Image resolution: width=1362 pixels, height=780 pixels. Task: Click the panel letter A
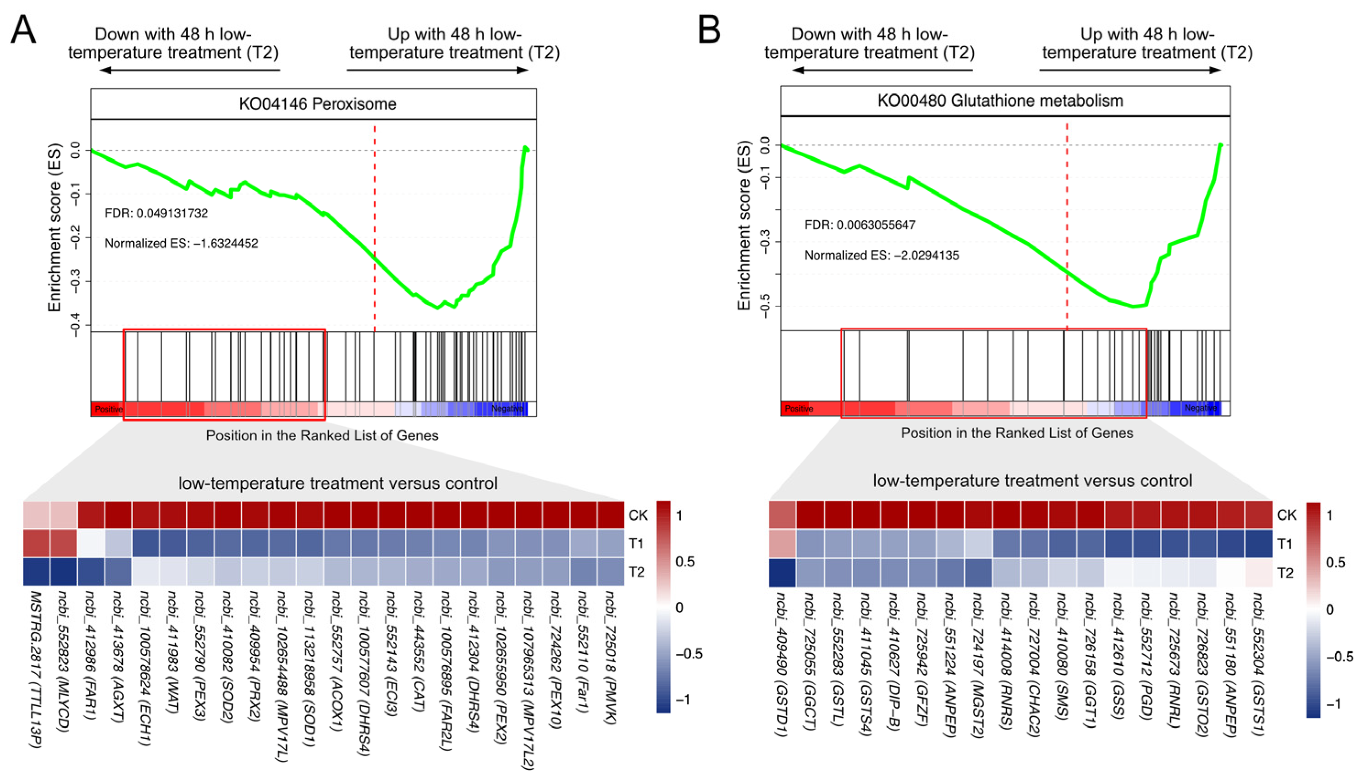click(23, 29)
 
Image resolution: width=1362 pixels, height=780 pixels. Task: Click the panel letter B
click(709, 29)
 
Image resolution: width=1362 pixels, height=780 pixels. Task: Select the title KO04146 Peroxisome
click(318, 104)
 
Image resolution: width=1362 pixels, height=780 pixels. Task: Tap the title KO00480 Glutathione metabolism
click(1000, 101)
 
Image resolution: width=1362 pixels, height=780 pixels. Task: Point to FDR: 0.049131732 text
click(156, 213)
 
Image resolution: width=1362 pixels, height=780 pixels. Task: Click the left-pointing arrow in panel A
click(190, 70)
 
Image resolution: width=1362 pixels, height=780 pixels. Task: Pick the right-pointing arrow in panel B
click(1130, 70)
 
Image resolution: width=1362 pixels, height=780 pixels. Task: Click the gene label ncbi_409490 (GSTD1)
click(781, 665)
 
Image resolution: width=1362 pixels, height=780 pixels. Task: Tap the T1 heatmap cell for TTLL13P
click(36, 543)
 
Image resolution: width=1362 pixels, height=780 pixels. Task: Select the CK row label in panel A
click(638, 516)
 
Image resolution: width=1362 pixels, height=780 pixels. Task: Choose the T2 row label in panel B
click(1285, 573)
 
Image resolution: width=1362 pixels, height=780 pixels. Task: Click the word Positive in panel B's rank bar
click(799, 409)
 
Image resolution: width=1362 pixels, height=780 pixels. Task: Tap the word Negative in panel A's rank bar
click(507, 409)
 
